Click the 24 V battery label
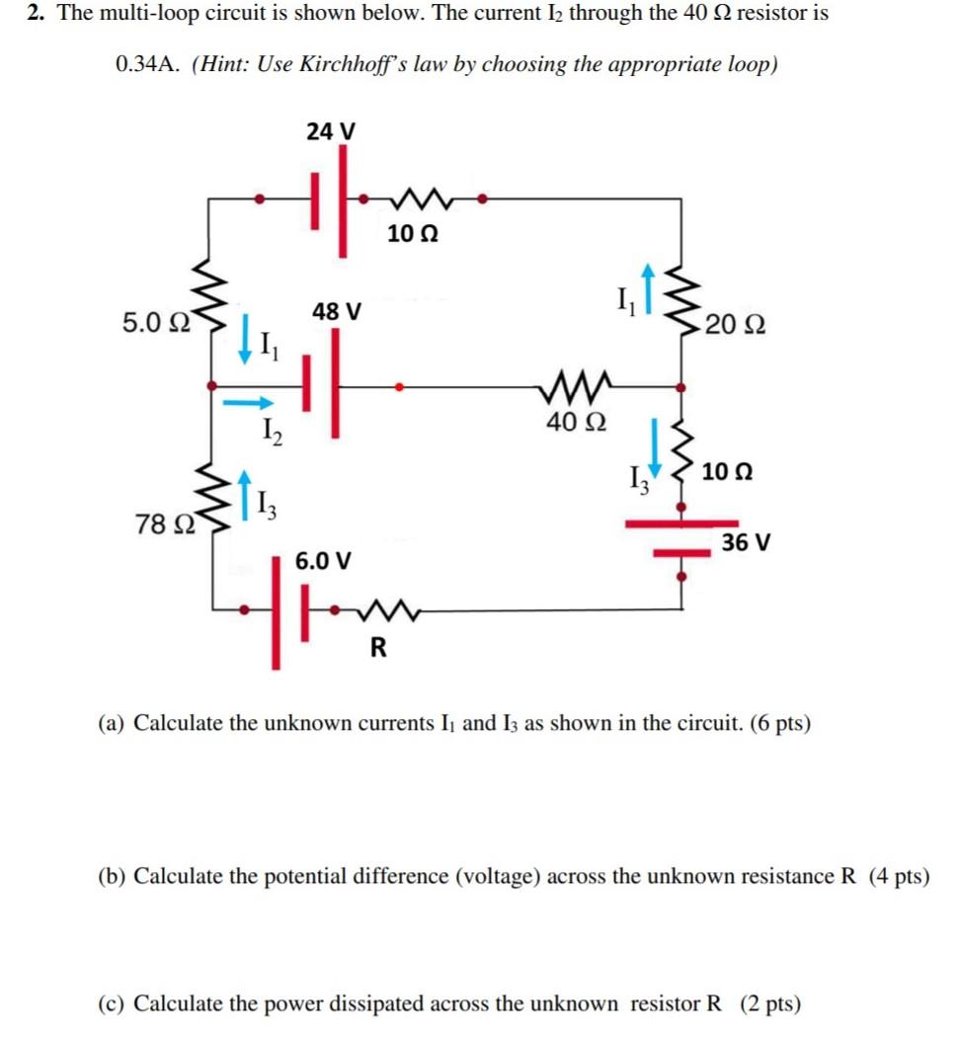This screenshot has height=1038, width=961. click(331, 130)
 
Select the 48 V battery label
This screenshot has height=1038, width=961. click(337, 311)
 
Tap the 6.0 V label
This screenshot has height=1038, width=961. click(323, 561)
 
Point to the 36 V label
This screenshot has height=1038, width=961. click(746, 542)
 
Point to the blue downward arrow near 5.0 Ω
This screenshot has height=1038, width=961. click(244, 345)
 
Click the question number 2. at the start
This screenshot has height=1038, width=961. click(37, 14)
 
